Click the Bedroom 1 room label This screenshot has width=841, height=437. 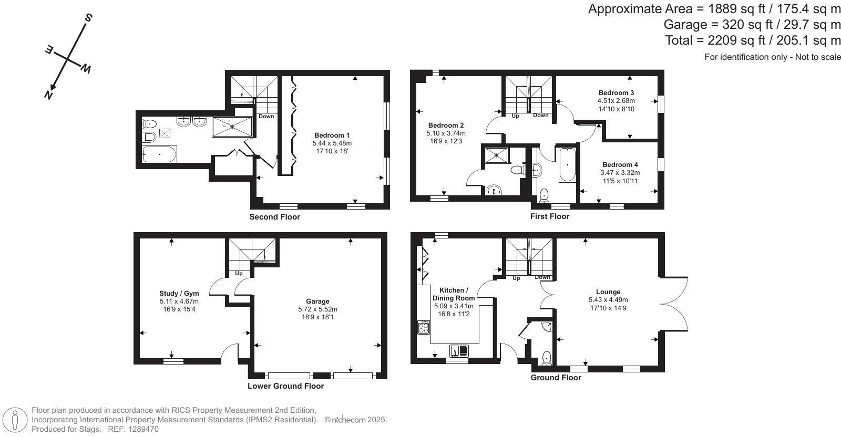[332, 135]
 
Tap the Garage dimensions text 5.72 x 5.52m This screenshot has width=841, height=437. [317, 309]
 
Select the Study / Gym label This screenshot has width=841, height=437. [179, 294]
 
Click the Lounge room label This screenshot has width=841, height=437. [608, 292]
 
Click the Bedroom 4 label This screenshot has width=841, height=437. [620, 164]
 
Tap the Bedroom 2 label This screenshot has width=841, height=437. [446, 126]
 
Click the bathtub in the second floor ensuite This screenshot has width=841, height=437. [160, 154]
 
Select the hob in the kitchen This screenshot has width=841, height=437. [424, 327]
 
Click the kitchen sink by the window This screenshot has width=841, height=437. [459, 350]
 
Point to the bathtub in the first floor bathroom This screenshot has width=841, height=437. [567, 165]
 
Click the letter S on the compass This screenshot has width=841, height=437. [88, 18]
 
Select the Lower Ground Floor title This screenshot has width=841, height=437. [285, 386]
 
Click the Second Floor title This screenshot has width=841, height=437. [274, 217]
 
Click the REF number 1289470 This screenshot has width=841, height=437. [141, 429]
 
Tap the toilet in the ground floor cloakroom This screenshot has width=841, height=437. [547, 358]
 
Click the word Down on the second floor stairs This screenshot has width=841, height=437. [266, 116]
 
